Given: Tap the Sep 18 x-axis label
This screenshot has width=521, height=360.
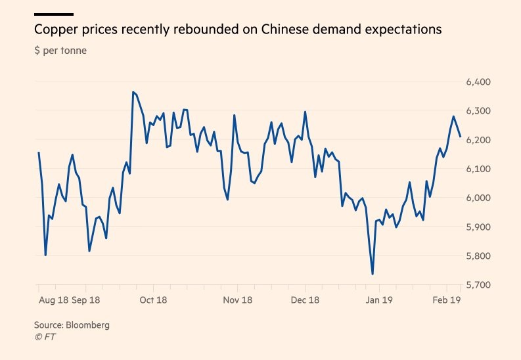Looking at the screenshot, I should point(85,300).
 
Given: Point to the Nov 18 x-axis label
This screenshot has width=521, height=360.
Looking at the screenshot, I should point(238,300).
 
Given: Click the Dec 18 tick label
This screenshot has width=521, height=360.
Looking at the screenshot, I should point(305,300).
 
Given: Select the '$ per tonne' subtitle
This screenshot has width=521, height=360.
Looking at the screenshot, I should point(60,51).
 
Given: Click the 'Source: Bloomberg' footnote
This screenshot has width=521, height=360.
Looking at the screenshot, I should point(72,325).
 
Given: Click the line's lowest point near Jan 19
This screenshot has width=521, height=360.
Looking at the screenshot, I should point(373,275).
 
